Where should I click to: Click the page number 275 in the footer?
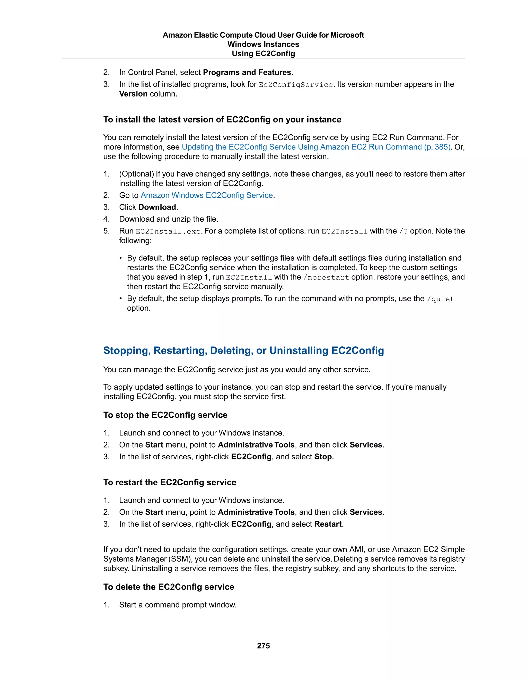[263, 646]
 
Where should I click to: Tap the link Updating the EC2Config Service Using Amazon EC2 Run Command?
[316, 147]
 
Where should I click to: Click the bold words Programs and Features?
[247, 73]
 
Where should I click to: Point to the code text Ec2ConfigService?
[296, 85]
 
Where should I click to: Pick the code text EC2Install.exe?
[168, 231]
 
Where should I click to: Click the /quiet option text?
[440, 299]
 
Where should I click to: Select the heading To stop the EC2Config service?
[165, 415]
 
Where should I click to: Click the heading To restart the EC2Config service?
[170, 483]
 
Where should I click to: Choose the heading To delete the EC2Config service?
[169, 587]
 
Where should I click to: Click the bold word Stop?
[323, 457]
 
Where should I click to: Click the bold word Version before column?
[133, 94]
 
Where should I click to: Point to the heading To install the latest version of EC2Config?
[222, 120]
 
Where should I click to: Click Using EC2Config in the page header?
[263, 54]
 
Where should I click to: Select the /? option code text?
[403, 231]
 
